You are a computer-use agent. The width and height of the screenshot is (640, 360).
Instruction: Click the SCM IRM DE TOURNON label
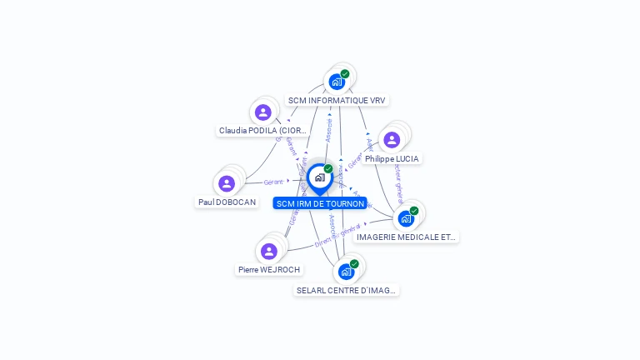pyautogui.click(x=320, y=203)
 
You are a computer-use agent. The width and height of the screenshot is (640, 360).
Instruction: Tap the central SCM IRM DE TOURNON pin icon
pyautogui.click(x=319, y=177)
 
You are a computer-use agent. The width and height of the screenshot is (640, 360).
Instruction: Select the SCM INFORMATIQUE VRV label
pyautogui.click(x=337, y=100)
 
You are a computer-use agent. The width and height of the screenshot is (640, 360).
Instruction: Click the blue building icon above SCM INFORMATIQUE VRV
pyautogui.click(x=337, y=82)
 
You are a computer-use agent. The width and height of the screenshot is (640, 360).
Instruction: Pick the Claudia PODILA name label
pyautogui.click(x=262, y=131)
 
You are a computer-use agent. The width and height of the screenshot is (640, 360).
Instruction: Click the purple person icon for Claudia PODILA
pyautogui.click(x=263, y=112)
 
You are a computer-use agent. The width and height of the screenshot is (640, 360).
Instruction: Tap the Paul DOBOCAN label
pyautogui.click(x=227, y=202)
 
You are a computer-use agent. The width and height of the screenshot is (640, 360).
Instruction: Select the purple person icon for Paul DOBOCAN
pyautogui.click(x=227, y=183)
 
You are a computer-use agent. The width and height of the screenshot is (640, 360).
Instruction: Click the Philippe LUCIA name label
pyautogui.click(x=392, y=158)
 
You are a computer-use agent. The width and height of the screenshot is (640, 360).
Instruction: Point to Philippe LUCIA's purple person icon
pyautogui.click(x=392, y=140)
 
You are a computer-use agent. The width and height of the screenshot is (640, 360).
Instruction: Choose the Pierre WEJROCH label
pyautogui.click(x=268, y=269)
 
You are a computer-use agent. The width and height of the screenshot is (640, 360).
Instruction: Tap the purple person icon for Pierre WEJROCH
pyautogui.click(x=268, y=251)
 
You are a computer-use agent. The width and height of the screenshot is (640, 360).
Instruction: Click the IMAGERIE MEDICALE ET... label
pyautogui.click(x=406, y=237)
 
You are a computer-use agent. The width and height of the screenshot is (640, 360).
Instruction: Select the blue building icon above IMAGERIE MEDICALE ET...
pyautogui.click(x=406, y=218)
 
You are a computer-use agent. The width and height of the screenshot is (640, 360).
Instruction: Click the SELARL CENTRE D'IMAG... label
pyautogui.click(x=347, y=290)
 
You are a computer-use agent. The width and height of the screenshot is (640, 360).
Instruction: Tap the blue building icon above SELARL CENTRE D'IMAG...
pyautogui.click(x=346, y=272)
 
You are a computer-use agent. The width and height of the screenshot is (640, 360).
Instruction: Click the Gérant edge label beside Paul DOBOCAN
pyautogui.click(x=273, y=182)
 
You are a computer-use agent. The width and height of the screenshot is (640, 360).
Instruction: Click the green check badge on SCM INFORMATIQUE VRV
pyautogui.click(x=345, y=74)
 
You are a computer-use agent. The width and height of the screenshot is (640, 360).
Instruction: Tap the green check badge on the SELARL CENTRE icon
pyautogui.click(x=354, y=264)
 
